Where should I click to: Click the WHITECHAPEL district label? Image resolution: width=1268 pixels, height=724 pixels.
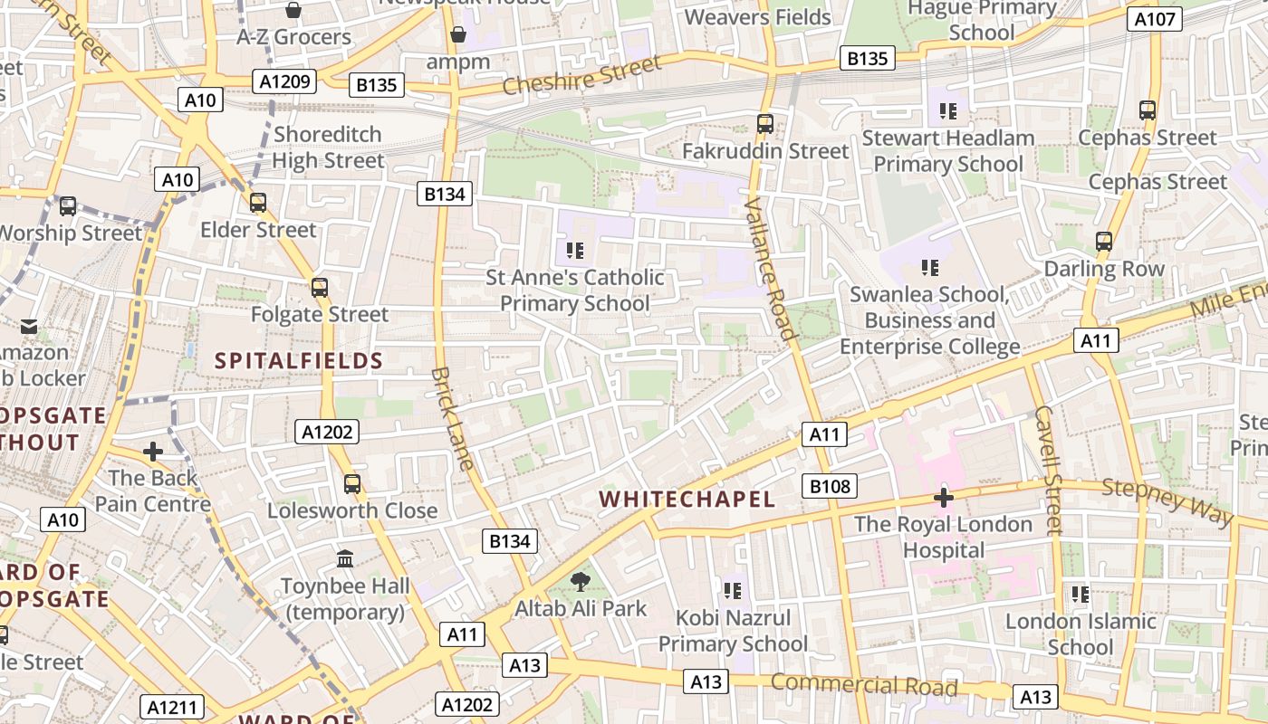point(687,499)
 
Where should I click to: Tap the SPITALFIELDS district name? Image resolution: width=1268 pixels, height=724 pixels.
point(299,361)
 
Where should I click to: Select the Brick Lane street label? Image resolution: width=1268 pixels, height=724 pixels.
point(452,418)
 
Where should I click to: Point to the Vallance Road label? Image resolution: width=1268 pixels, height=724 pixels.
point(770,270)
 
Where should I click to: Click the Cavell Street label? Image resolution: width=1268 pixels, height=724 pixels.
point(1047,470)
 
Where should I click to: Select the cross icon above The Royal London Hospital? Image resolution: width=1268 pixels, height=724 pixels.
point(944,497)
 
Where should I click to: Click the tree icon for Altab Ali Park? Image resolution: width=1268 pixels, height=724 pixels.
point(581,582)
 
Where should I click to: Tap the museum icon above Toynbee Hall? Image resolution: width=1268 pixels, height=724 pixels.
point(345,558)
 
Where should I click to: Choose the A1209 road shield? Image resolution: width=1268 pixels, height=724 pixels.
point(285,81)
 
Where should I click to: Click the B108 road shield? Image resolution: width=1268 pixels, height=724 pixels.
point(830,486)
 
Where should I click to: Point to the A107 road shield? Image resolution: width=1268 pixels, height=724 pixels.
point(1155,19)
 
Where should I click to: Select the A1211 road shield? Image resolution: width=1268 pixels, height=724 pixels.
point(172,707)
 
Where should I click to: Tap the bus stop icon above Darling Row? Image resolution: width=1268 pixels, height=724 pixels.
point(1103,242)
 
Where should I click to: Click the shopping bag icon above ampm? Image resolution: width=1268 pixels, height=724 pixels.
point(458,34)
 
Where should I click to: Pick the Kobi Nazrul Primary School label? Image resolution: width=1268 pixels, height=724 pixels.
point(733,631)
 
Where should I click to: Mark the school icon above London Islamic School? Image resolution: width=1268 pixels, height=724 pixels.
point(1081,595)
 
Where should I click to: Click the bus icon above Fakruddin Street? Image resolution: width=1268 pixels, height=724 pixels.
point(765,123)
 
